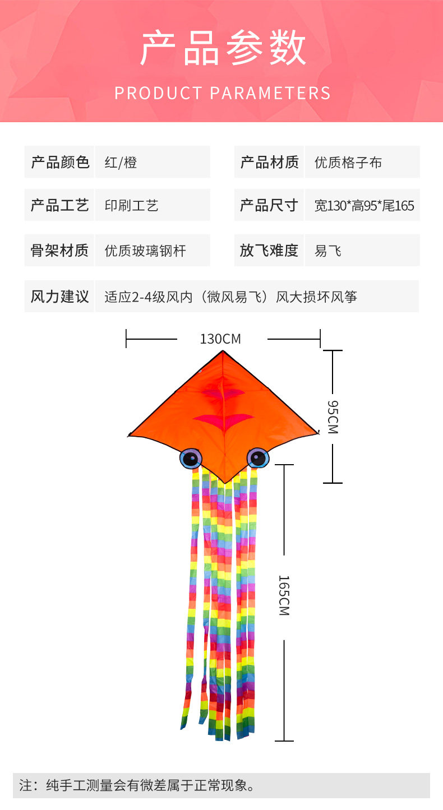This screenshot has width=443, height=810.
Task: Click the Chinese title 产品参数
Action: point(223,49)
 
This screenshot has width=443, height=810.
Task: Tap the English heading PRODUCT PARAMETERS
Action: point(223,93)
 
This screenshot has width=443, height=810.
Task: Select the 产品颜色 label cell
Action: point(60,163)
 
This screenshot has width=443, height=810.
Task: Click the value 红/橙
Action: point(121,163)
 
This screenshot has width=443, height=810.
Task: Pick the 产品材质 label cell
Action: point(269,163)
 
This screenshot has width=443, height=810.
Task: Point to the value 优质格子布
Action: point(348,163)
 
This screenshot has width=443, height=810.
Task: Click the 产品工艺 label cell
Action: point(60,205)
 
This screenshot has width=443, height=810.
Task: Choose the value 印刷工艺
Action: point(132,206)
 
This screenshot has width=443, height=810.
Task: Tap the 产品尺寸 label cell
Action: point(269,205)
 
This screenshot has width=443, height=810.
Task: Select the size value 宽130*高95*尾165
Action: point(364,206)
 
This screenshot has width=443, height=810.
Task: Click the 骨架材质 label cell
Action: point(60,250)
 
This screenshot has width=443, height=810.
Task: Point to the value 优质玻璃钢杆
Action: point(145,251)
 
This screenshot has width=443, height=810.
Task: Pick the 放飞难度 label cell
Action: point(269,250)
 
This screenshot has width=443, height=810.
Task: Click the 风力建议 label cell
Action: point(60,296)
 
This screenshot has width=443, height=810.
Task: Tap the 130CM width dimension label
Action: point(220,339)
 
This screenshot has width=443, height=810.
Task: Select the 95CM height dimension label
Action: point(333,417)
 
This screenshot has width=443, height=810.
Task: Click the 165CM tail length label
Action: point(284,596)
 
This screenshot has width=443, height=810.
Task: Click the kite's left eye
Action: point(191,459)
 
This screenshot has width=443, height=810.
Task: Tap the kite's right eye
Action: point(258,458)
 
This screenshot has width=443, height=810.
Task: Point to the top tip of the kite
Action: point(224,351)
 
